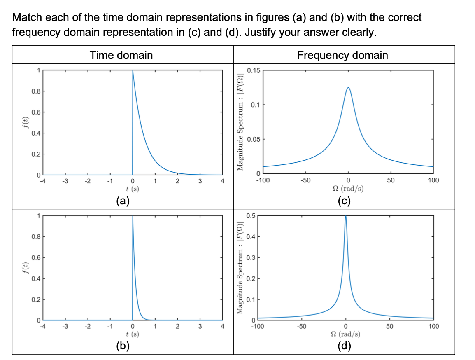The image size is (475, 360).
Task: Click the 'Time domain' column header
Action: click(121, 55)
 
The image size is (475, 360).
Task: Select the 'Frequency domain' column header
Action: click(342, 55)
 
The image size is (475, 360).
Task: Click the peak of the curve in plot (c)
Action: click(348, 88)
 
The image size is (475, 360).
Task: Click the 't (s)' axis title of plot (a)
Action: click(132, 189)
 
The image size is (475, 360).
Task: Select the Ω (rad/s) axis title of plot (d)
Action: click(345, 334)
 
